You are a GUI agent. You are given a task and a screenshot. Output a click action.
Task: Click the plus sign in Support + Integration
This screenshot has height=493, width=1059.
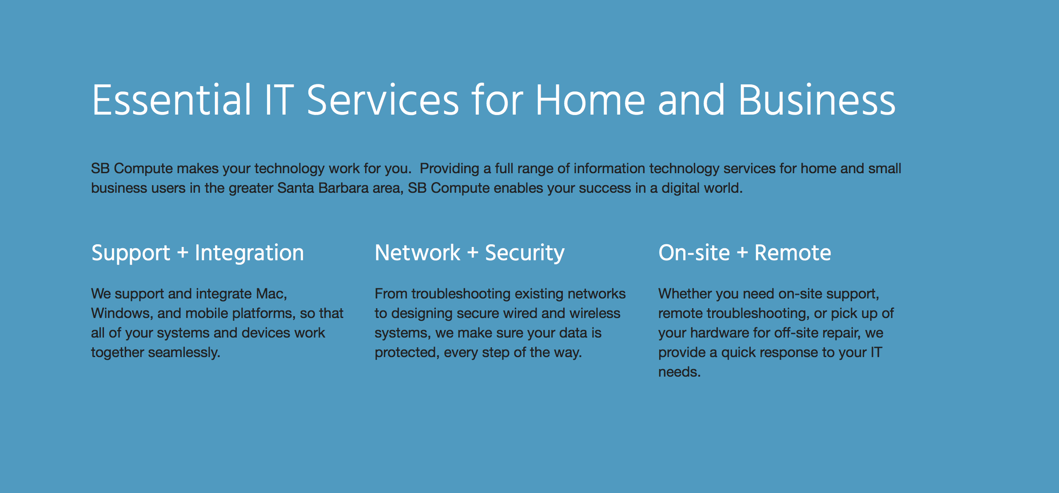click(183, 253)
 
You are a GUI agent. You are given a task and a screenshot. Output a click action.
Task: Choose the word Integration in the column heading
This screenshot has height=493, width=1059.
click(249, 253)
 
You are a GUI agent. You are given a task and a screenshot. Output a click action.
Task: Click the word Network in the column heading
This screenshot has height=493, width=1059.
click(418, 253)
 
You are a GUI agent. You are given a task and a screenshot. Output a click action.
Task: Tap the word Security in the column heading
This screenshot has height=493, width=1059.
click(525, 253)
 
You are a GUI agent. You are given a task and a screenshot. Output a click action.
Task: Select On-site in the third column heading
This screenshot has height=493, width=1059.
click(694, 253)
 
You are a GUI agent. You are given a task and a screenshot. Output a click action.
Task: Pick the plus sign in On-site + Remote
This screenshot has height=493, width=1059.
click(742, 253)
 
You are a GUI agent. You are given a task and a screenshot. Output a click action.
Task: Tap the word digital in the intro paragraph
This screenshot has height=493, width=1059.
click(680, 188)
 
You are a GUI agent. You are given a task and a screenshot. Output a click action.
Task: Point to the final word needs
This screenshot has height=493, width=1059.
click(679, 372)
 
